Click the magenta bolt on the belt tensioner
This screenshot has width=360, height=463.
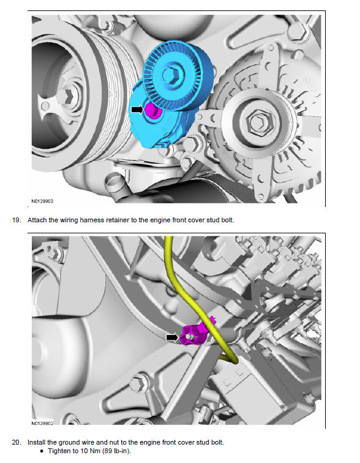tap(152, 110)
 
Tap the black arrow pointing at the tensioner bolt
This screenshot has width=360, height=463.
tap(137, 110)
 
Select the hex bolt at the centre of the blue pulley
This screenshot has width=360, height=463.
tap(173, 74)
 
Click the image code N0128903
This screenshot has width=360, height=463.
tap(42, 201)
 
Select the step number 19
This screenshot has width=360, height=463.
tap(17, 220)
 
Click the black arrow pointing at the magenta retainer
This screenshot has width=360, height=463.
tap(172, 337)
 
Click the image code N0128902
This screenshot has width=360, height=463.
tap(42, 423)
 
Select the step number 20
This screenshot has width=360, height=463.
tap(17, 442)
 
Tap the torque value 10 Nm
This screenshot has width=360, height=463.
tap(90, 451)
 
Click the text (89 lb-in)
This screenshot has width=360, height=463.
tap(116, 451)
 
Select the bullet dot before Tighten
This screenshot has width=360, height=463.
tap(42, 451)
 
